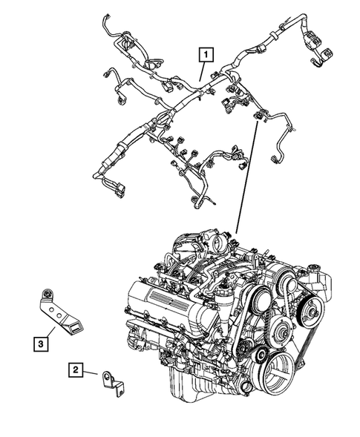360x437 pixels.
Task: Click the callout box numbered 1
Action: click(203, 53)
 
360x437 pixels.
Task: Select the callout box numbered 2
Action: click(76, 369)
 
